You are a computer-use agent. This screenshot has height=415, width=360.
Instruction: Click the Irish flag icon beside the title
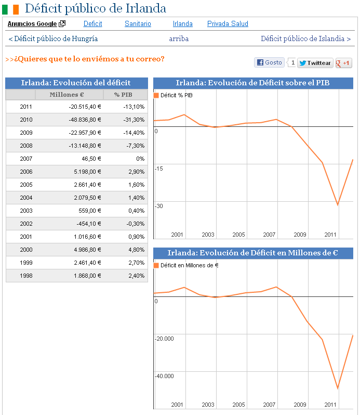coord(14,9)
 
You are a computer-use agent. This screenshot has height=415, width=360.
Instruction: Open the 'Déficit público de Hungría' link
coord(53,38)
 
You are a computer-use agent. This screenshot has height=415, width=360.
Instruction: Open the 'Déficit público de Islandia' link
coord(305,38)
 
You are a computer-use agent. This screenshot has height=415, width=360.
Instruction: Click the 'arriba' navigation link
coord(179,38)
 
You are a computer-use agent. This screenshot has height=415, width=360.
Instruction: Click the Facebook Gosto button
coord(269,62)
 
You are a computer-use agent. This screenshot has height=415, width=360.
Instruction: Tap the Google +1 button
coord(343,63)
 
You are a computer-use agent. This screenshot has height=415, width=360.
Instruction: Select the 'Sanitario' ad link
coord(138,24)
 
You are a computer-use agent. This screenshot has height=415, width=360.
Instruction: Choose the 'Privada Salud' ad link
coord(228,24)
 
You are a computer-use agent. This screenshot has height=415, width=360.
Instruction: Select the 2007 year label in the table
coord(26,159)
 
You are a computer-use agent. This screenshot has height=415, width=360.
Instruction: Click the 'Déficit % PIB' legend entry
coord(174,95)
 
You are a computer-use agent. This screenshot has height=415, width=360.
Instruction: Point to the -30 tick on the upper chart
coord(159,206)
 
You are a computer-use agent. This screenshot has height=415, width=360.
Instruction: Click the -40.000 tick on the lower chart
coord(164,376)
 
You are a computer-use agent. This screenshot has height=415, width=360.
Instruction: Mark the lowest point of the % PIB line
coord(338,205)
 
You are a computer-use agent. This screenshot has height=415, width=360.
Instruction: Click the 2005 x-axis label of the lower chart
coord(238,405)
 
